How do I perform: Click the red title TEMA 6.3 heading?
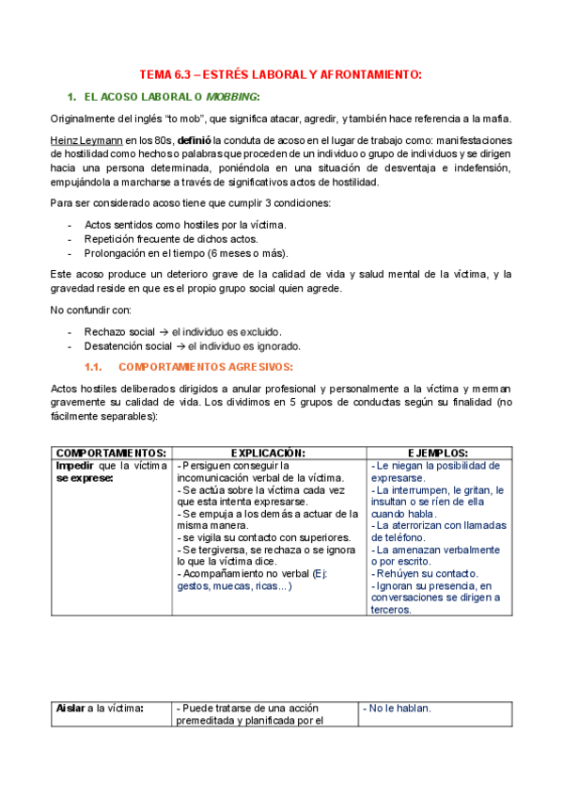[x=280, y=74]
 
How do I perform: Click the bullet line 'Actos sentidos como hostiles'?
[x=185, y=225]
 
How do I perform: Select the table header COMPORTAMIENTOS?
[x=111, y=452]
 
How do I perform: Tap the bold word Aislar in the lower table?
[x=70, y=708]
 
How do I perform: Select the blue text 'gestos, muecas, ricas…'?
[x=234, y=585]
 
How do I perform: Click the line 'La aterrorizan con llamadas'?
[x=439, y=525]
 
